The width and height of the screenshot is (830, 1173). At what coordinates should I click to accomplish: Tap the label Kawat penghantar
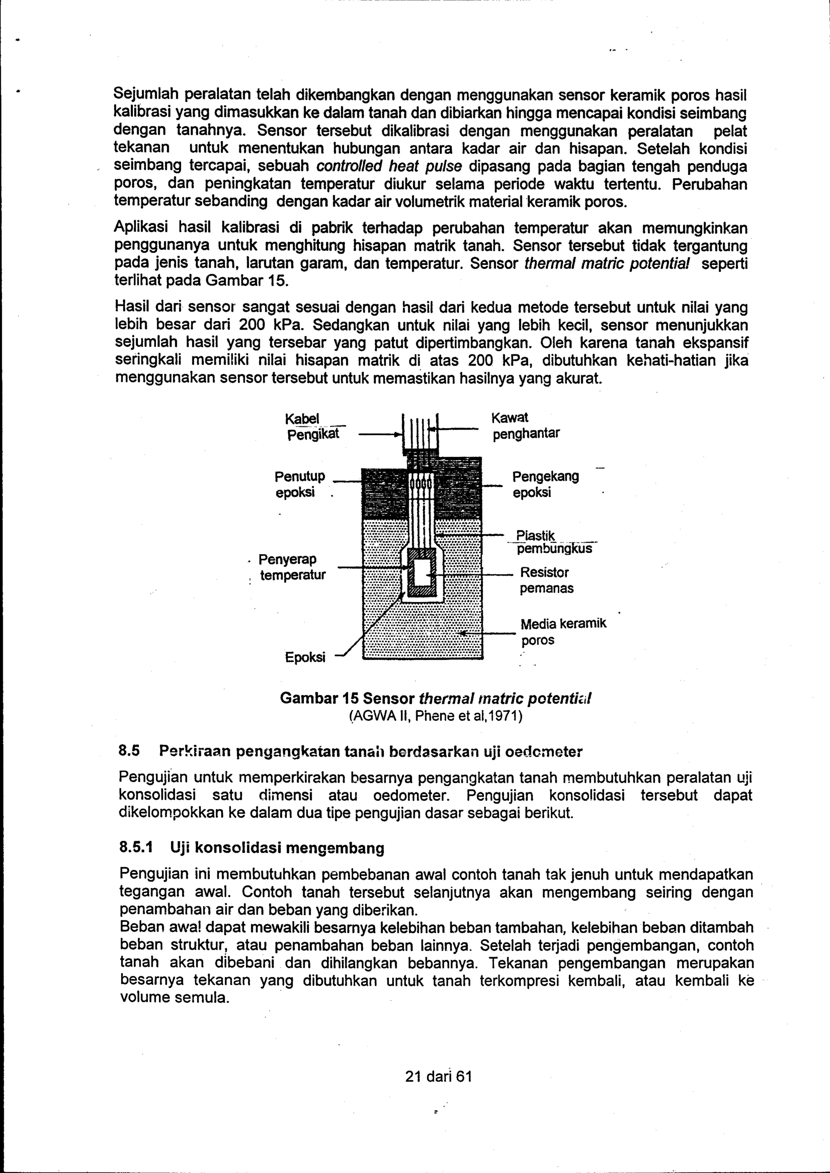(x=525, y=426)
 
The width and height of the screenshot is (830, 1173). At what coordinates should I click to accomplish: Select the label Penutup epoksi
(x=299, y=484)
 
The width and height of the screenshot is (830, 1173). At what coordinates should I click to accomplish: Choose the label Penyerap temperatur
(x=292, y=567)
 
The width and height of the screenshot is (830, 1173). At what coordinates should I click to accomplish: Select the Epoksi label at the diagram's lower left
(x=305, y=657)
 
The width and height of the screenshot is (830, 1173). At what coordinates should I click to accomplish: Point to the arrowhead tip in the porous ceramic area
(x=460, y=633)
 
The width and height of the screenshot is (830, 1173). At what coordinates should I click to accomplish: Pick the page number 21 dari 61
(x=438, y=1077)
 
